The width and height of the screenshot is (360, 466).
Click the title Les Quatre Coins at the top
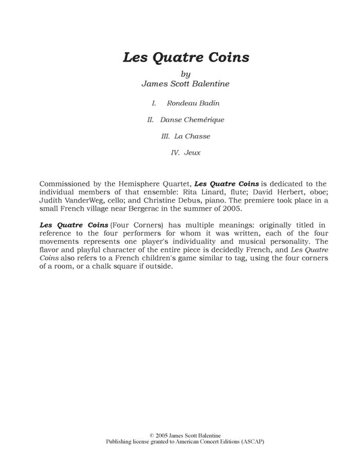pos(186,57)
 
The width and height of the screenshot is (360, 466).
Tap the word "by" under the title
pos(186,74)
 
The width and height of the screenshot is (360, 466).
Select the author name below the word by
pos(186,84)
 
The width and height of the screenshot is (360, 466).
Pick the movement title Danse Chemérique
pos(192,120)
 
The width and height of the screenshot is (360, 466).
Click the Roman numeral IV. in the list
pos(175,153)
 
